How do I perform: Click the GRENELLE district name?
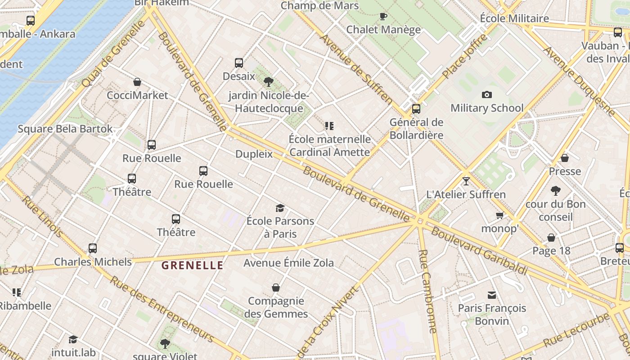tap(193, 265)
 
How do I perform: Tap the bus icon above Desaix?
tap(239, 63)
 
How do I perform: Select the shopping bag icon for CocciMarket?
tap(137, 82)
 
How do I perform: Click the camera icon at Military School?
tap(486, 94)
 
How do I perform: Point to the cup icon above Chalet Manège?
tap(383, 17)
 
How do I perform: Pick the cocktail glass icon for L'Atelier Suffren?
tap(466, 181)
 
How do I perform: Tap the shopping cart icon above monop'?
tap(499, 215)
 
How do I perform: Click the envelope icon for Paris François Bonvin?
tap(492, 295)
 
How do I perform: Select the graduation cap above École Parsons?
tap(280, 208)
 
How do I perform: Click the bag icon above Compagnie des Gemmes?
tap(276, 288)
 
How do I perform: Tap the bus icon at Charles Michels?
tap(93, 248)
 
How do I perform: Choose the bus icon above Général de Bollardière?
tap(416, 108)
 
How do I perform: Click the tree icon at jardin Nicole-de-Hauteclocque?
tap(269, 82)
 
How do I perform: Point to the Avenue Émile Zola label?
tap(288, 263)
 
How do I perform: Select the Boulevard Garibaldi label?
tap(479, 251)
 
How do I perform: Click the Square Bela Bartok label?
tap(65, 129)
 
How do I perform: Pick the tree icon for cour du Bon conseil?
tap(556, 191)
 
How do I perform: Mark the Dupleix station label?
tap(254, 154)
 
